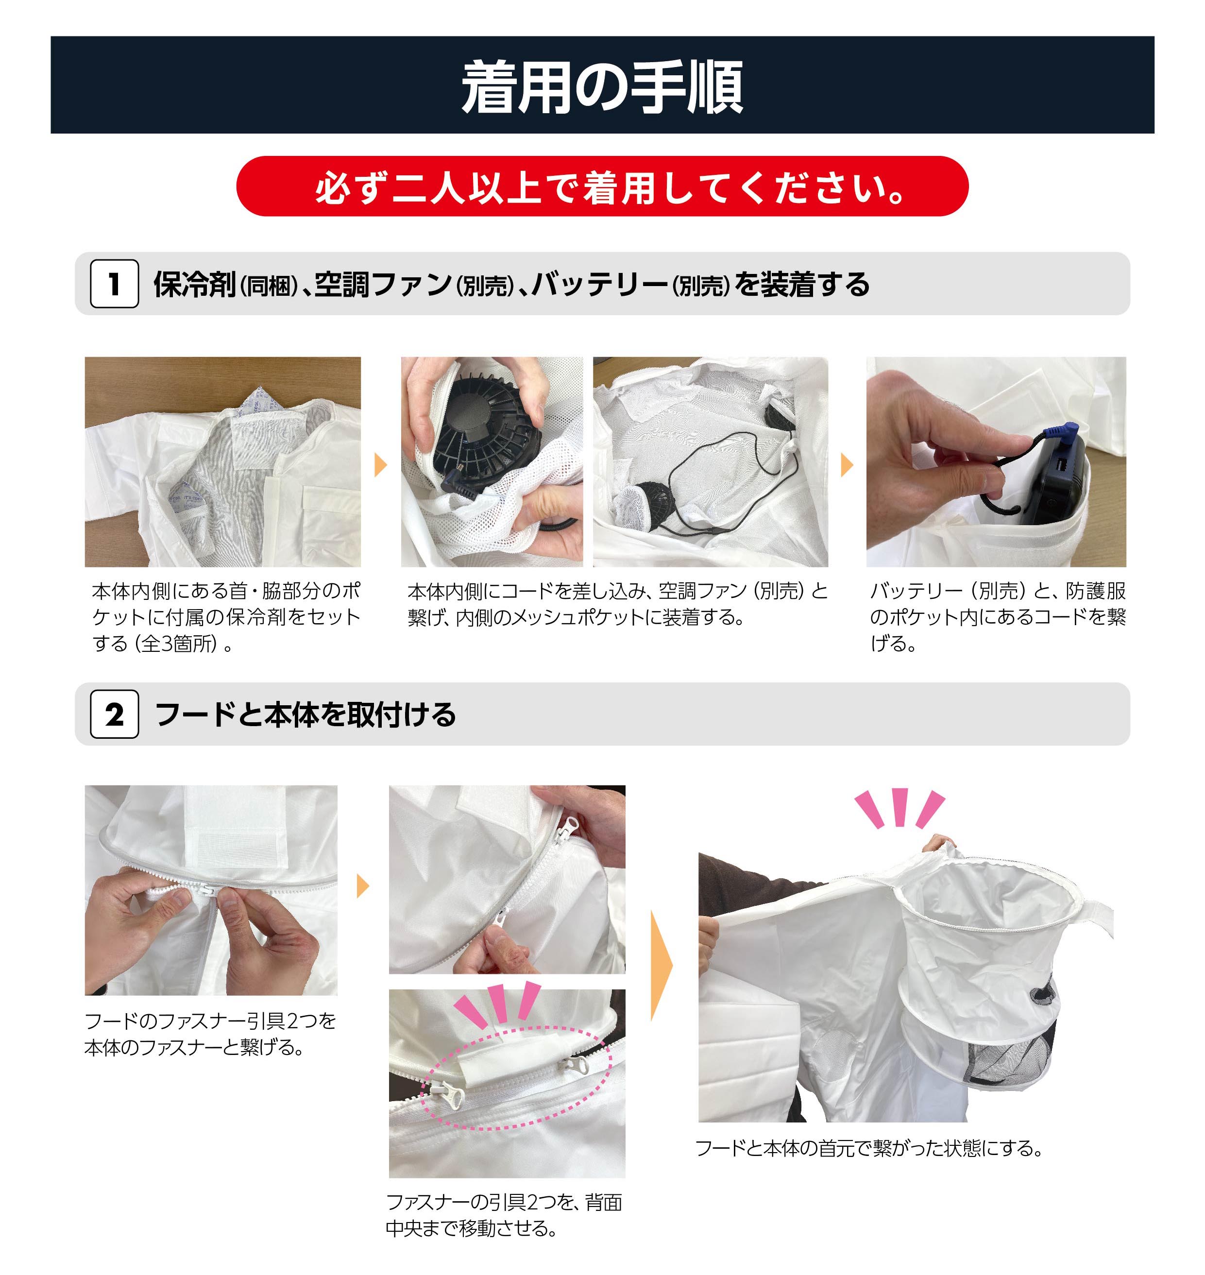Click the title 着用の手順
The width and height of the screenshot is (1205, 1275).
(x=602, y=87)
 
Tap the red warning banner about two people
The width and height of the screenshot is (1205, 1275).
(x=602, y=187)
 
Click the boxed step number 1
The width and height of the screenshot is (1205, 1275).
(x=114, y=284)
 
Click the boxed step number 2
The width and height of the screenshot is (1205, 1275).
(x=114, y=714)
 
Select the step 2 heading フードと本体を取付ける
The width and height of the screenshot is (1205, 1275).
(x=306, y=715)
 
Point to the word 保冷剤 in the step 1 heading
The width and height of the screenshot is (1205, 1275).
(x=195, y=285)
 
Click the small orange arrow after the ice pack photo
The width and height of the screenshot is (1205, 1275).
(x=381, y=464)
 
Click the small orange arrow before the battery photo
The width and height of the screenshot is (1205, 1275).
(x=847, y=464)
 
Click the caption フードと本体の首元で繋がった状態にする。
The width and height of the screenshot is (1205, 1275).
(x=870, y=1148)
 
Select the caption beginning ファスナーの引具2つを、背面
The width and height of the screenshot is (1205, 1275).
(x=504, y=1215)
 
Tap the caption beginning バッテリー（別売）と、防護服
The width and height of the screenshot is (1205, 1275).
(x=998, y=617)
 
